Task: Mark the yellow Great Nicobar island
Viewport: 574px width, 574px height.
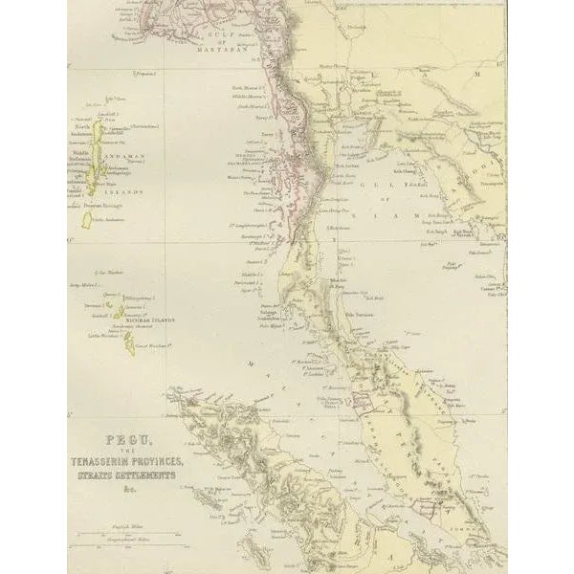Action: coord(128,342)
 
